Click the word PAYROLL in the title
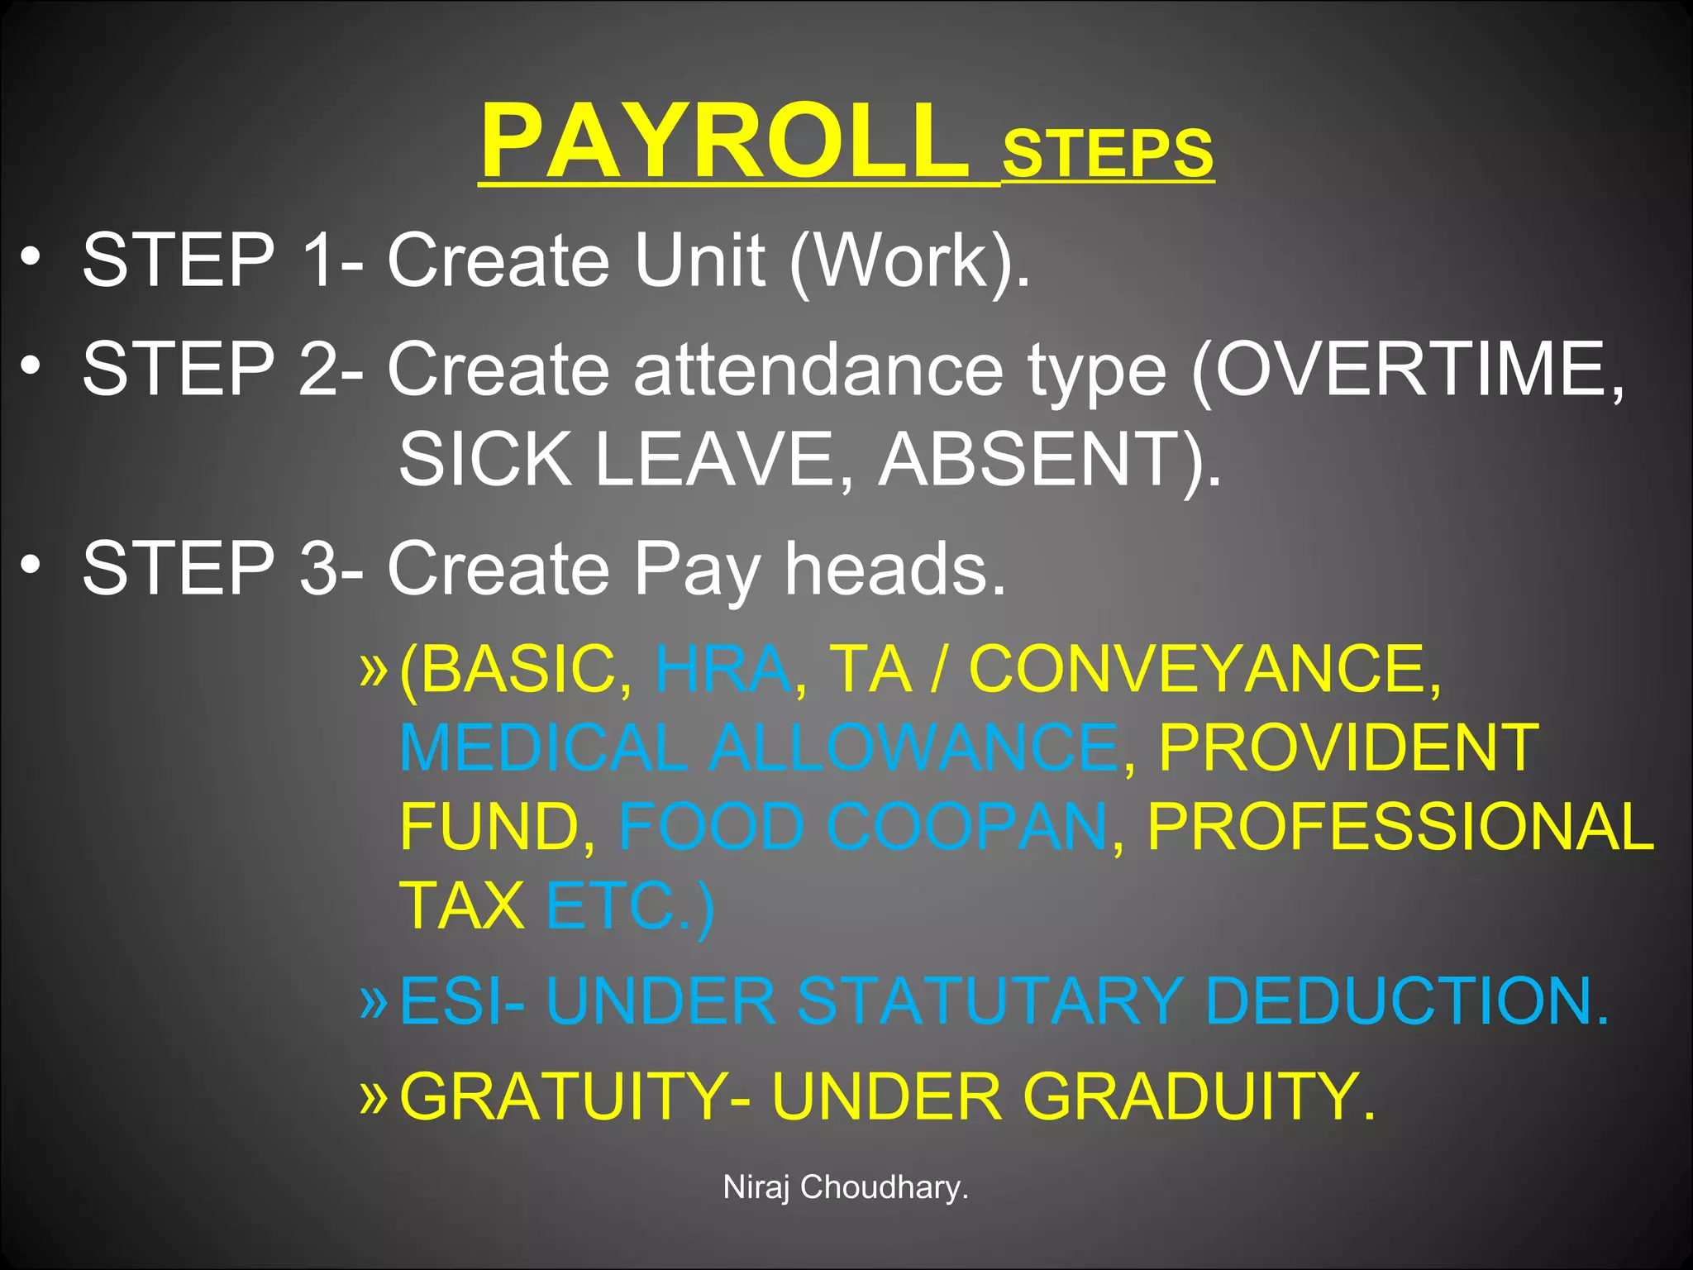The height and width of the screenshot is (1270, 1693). click(x=725, y=141)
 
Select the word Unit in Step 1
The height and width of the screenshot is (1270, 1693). click(x=699, y=260)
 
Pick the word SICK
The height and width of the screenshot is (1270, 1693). click(x=485, y=460)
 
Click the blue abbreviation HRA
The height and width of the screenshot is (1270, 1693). click(x=723, y=669)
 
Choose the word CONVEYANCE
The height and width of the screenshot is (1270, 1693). click(x=1204, y=669)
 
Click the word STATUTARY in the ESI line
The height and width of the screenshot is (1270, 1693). click(x=990, y=1001)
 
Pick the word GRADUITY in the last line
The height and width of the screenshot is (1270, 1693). click(x=1199, y=1096)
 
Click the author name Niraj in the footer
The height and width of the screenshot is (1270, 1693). click(x=757, y=1187)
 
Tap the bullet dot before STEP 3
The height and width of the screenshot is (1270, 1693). click(x=31, y=564)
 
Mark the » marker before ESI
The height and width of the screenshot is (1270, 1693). click(x=374, y=1000)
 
